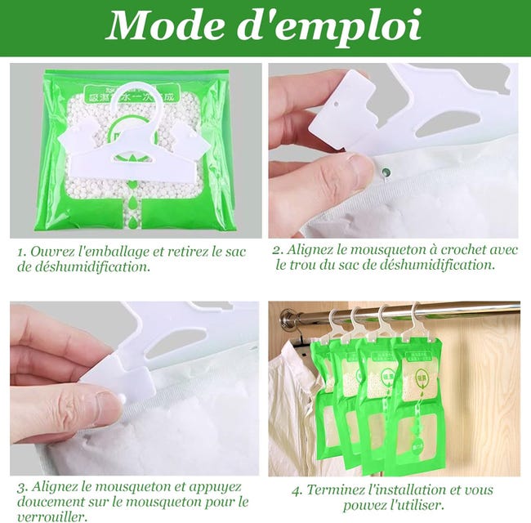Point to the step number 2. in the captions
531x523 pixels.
(x=278, y=249)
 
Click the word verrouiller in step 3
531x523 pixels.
(x=51, y=516)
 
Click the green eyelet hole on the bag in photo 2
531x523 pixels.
(x=387, y=172)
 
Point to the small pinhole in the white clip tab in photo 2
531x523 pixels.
(x=336, y=104)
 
